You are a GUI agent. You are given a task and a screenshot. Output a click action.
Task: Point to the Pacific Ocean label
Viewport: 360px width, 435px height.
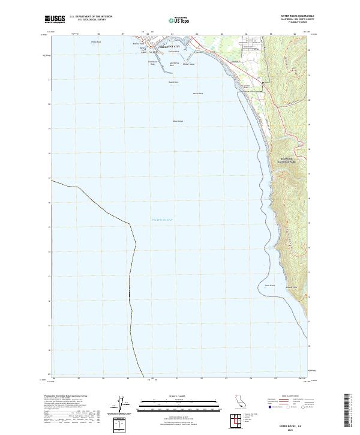tap(162, 220)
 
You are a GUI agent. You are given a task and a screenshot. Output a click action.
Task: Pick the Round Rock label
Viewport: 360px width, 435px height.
tap(173, 82)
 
